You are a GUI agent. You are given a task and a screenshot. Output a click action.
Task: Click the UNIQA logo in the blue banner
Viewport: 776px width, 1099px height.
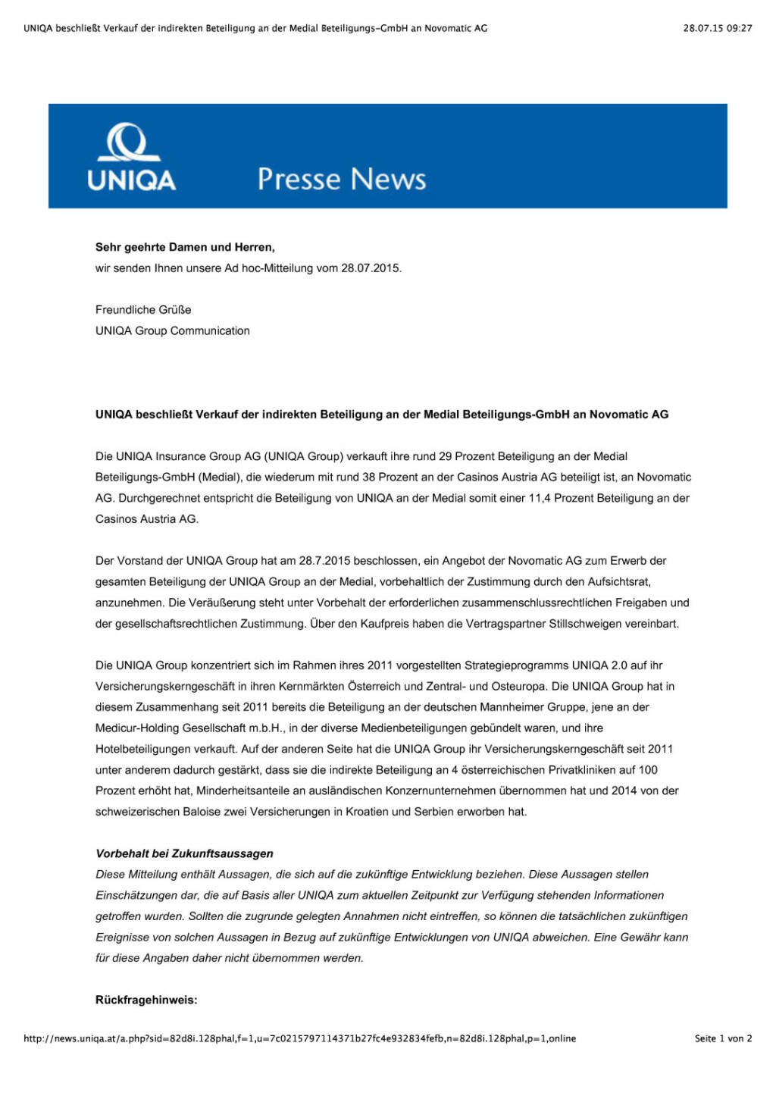pyautogui.click(x=131, y=157)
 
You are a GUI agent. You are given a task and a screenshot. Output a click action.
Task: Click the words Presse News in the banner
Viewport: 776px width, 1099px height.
pyautogui.click(x=341, y=179)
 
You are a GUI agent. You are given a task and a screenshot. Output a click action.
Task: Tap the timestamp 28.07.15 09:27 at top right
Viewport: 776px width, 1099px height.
pyautogui.click(x=717, y=28)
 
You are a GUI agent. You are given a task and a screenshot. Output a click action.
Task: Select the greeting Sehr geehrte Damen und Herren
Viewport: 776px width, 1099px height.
pyautogui.click(x=185, y=247)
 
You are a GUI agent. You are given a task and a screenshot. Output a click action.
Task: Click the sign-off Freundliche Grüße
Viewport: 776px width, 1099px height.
pyautogui.click(x=143, y=310)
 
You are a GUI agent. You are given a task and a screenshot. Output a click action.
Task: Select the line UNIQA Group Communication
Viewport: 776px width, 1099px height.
pyautogui.click(x=173, y=331)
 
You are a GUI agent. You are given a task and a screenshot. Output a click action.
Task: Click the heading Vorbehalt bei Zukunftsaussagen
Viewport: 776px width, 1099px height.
pyautogui.click(x=184, y=853)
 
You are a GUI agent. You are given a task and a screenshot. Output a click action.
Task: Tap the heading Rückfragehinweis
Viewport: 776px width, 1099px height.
pyautogui.click(x=146, y=1000)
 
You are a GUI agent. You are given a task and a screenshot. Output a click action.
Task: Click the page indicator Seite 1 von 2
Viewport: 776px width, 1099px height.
pyautogui.click(x=723, y=1038)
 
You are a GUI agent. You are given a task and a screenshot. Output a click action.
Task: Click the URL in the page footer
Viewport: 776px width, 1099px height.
pyautogui.click(x=299, y=1038)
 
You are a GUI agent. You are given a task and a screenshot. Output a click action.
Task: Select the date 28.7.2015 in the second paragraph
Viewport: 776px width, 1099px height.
pyautogui.click(x=324, y=561)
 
